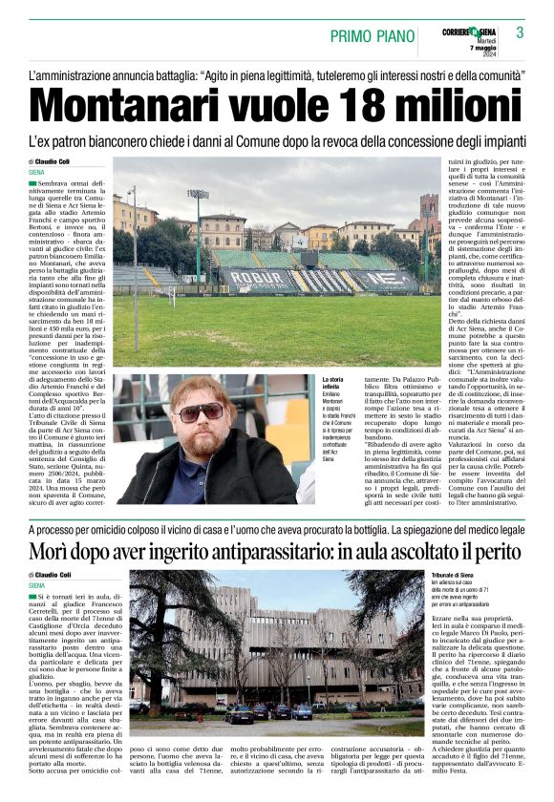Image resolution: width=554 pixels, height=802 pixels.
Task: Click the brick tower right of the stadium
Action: (x=430, y=215)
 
